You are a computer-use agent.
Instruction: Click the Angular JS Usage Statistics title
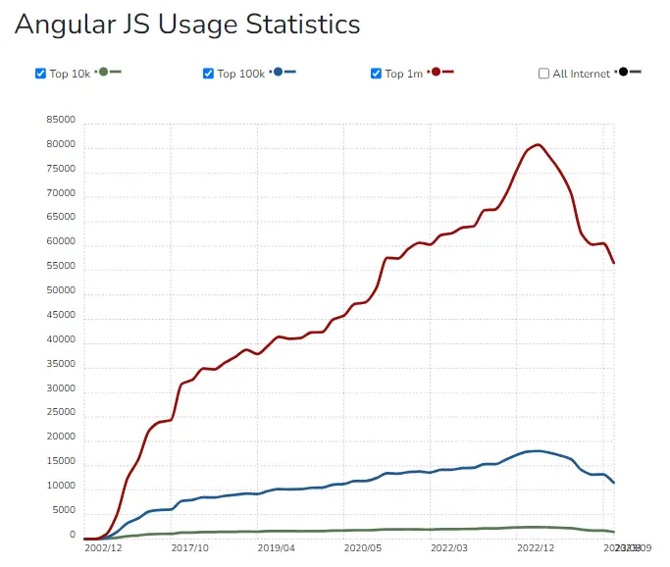187,24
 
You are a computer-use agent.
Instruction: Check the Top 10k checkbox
40,74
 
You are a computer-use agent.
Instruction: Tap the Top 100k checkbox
208,74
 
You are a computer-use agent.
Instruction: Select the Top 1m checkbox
376,74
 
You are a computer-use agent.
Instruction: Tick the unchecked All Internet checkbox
544,74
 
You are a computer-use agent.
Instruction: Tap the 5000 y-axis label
64,511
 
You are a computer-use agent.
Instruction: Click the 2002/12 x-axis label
102,550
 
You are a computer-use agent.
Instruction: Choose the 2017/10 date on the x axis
190,550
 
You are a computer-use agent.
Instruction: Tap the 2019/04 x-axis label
276,550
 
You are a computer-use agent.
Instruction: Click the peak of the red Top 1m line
538,145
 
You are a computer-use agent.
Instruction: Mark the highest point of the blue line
536,451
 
